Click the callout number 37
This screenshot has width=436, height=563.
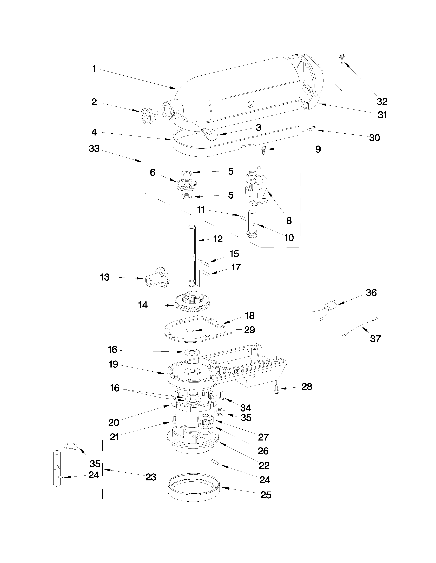pos(375,338)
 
